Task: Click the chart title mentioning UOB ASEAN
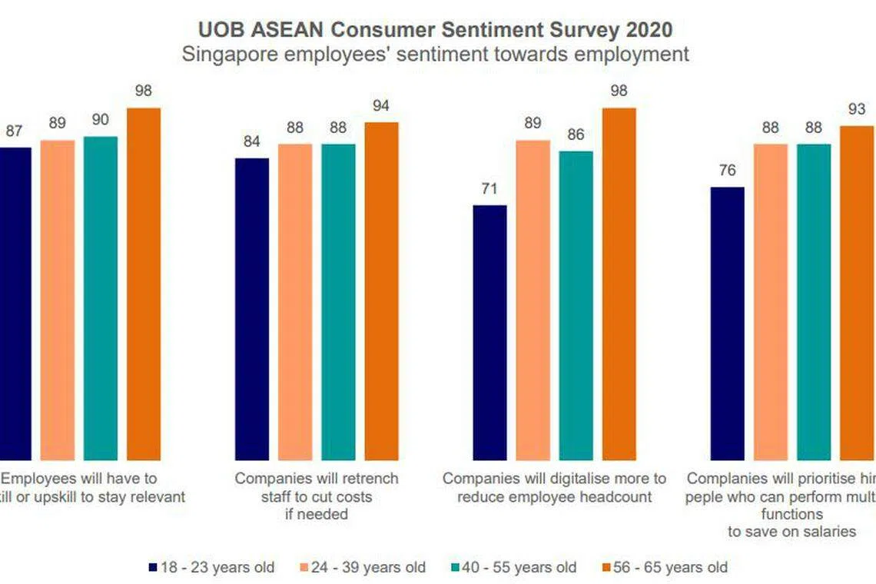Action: pos(436,30)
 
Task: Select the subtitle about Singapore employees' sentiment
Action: pos(436,55)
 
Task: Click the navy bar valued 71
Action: pos(489,333)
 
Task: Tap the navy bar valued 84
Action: pos(252,309)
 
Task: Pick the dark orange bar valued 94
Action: pos(381,291)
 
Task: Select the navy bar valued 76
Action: pos(727,324)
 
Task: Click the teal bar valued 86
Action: pos(576,305)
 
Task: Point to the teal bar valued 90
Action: pos(101,298)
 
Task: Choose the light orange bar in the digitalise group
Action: pos(533,300)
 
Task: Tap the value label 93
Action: pos(856,109)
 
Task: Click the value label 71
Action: pos(489,189)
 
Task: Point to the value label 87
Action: pos(14,131)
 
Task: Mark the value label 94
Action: pos(381,106)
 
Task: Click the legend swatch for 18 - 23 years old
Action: pos(153,568)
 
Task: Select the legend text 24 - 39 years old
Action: pos(370,568)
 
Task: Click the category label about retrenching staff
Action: pos(317,487)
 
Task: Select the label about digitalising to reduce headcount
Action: pos(554,487)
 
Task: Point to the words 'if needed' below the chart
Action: pos(317,514)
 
